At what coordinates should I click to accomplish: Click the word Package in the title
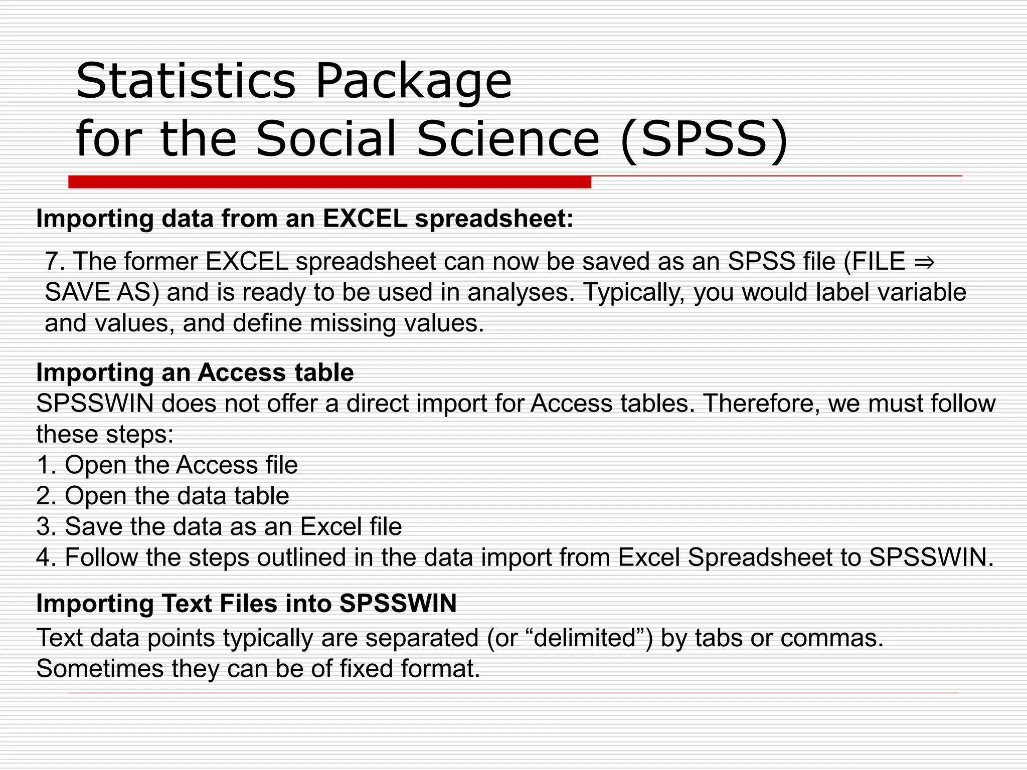[413, 81]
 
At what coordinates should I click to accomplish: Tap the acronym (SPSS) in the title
[704, 138]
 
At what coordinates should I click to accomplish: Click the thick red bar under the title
[329, 182]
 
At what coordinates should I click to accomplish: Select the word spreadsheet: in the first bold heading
[494, 219]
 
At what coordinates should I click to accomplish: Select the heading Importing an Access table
[195, 372]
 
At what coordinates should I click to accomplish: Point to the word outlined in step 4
[301, 557]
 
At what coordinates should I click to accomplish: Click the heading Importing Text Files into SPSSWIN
[246, 604]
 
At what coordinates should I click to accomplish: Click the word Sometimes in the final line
[100, 669]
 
